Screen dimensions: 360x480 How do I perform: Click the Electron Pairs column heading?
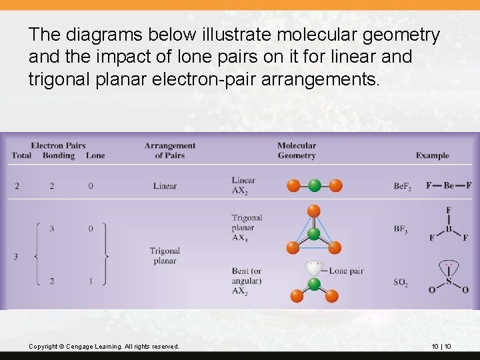coord(58,145)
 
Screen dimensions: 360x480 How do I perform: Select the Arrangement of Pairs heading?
coord(169,150)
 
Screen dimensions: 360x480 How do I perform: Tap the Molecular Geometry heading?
coord(297,150)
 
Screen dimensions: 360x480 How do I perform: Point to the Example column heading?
coord(432,155)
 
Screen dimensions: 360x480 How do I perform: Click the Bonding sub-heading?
coord(59,155)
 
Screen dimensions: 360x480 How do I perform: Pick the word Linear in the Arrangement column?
coord(165,185)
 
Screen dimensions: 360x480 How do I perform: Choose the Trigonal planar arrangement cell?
coord(165,255)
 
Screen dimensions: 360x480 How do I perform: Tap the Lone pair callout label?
coord(346,271)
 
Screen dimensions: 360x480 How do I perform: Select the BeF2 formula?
coord(402,186)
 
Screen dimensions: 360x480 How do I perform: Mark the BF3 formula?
coord(401,229)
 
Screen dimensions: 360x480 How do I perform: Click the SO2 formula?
coord(401,283)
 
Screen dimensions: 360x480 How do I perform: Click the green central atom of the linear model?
coord(315,185)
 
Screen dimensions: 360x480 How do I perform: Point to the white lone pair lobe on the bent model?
coord(313,268)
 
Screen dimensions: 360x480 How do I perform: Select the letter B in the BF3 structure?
coord(449,229)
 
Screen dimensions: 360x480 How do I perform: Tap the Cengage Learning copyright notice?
coord(104,347)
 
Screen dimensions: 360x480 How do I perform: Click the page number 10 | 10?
coord(441,347)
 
